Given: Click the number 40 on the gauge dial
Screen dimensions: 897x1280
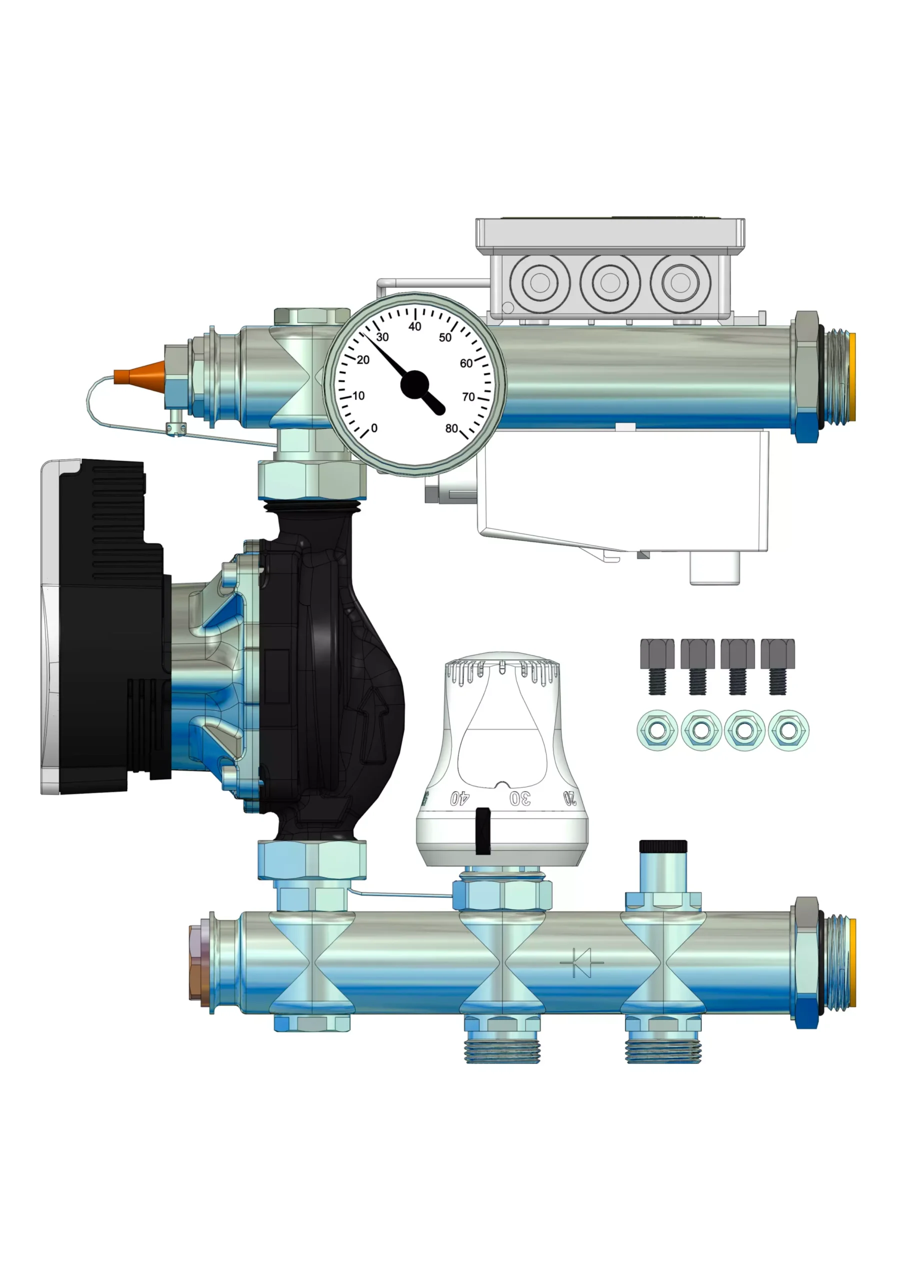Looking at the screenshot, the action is click(x=415, y=326).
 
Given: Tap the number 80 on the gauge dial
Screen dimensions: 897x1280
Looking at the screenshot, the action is click(x=451, y=428).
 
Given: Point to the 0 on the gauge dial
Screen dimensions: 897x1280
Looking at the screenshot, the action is click(x=374, y=428).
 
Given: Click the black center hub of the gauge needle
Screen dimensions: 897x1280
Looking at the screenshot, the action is click(x=415, y=384).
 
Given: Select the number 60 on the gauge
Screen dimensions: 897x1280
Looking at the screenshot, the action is click(x=466, y=363).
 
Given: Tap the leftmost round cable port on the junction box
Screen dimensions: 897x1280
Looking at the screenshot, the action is click(x=539, y=282).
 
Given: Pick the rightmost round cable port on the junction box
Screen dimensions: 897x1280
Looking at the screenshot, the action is click(x=679, y=282).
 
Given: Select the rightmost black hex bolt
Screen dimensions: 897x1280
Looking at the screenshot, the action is click(x=777, y=666).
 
